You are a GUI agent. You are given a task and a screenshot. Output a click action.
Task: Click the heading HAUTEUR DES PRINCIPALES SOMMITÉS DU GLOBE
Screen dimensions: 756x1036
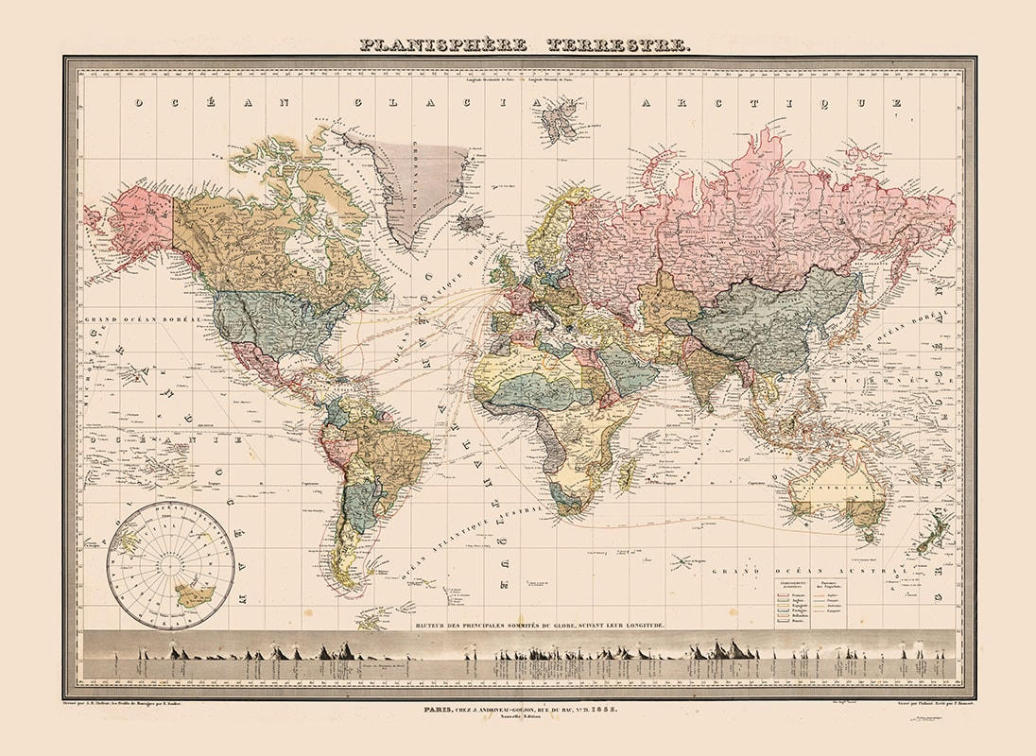point(540,625)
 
